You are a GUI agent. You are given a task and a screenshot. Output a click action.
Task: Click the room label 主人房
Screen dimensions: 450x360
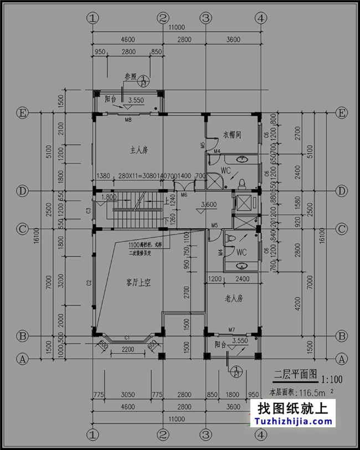[x=138, y=150]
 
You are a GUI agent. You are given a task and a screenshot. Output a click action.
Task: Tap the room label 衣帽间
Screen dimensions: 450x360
[x=233, y=135]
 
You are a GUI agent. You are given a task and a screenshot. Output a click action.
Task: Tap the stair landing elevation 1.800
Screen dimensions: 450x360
[x=109, y=196]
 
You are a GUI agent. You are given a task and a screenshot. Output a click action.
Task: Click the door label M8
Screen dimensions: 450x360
[x=128, y=120]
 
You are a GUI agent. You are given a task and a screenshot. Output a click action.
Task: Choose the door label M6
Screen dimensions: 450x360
[x=184, y=195]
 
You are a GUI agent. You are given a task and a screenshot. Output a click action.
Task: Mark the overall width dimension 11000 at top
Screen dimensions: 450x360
[x=177, y=27]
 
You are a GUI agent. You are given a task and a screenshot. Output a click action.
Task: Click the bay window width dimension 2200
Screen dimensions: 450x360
[x=128, y=349]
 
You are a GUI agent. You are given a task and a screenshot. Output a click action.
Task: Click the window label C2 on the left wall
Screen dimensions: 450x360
[x=89, y=283]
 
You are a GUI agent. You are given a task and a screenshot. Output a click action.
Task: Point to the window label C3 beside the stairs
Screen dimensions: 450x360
[x=89, y=210]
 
